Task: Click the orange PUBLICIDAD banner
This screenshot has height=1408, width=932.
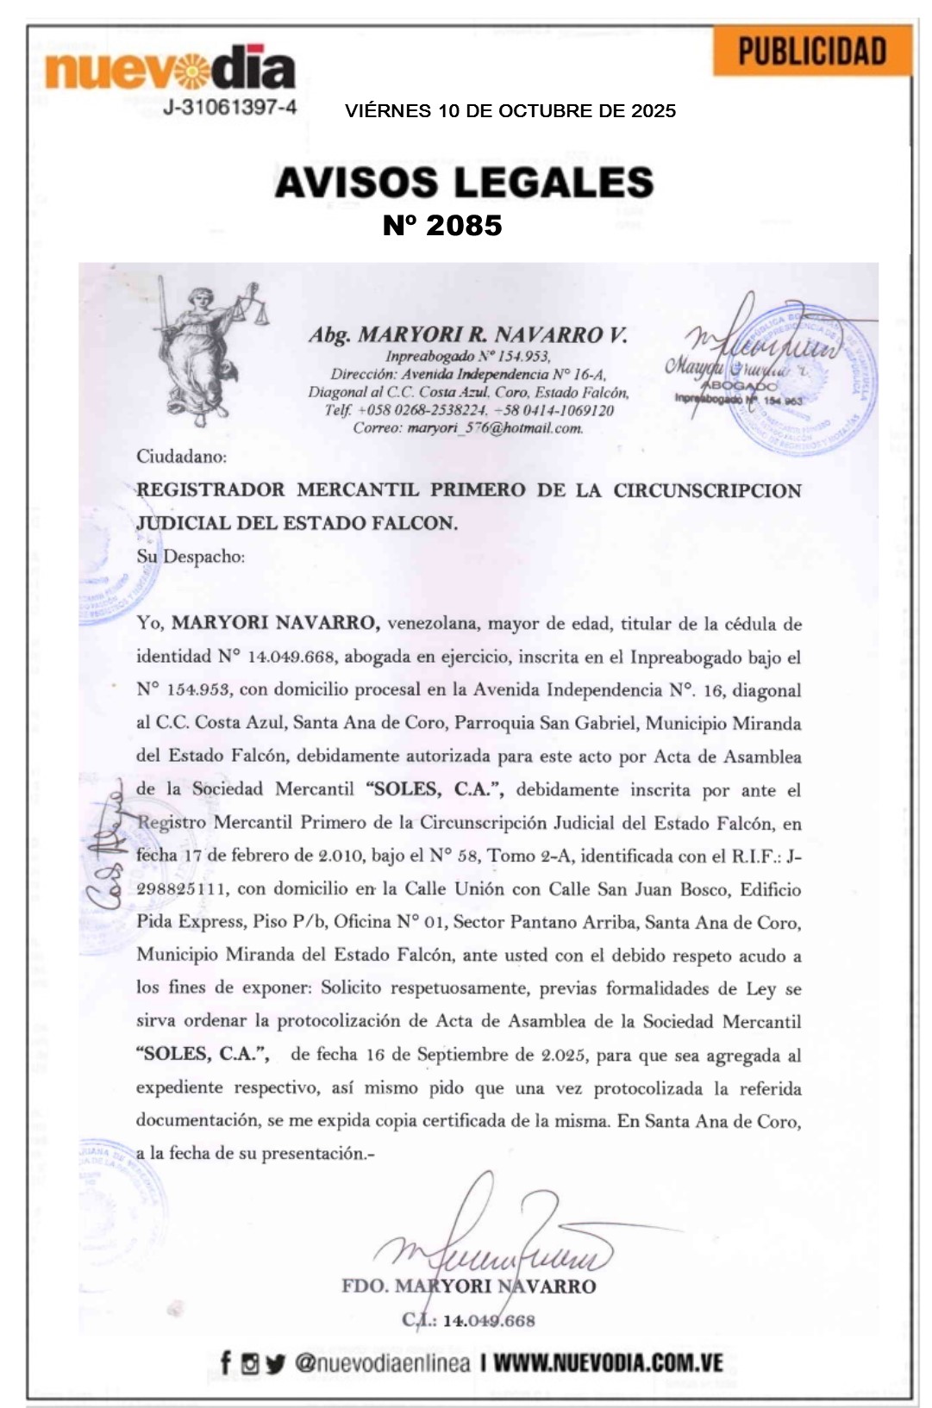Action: tap(811, 52)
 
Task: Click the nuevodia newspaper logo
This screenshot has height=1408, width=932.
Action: tap(170, 69)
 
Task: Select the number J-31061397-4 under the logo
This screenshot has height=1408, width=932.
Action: tap(229, 108)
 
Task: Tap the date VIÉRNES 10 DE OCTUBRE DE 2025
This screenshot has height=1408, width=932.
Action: tap(510, 111)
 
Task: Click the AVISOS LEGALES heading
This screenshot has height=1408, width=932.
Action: tap(464, 183)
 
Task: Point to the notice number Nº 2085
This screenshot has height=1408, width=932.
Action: tap(442, 226)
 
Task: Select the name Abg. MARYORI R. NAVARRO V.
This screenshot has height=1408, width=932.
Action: tap(468, 334)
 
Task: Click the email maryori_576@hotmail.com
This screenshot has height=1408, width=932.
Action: tap(494, 427)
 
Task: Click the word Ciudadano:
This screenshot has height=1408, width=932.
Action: tap(181, 457)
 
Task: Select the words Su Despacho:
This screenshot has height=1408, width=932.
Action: tap(191, 557)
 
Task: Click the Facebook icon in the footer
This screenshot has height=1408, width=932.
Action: tap(226, 1363)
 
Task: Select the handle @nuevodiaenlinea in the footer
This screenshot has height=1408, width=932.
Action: tap(382, 1363)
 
